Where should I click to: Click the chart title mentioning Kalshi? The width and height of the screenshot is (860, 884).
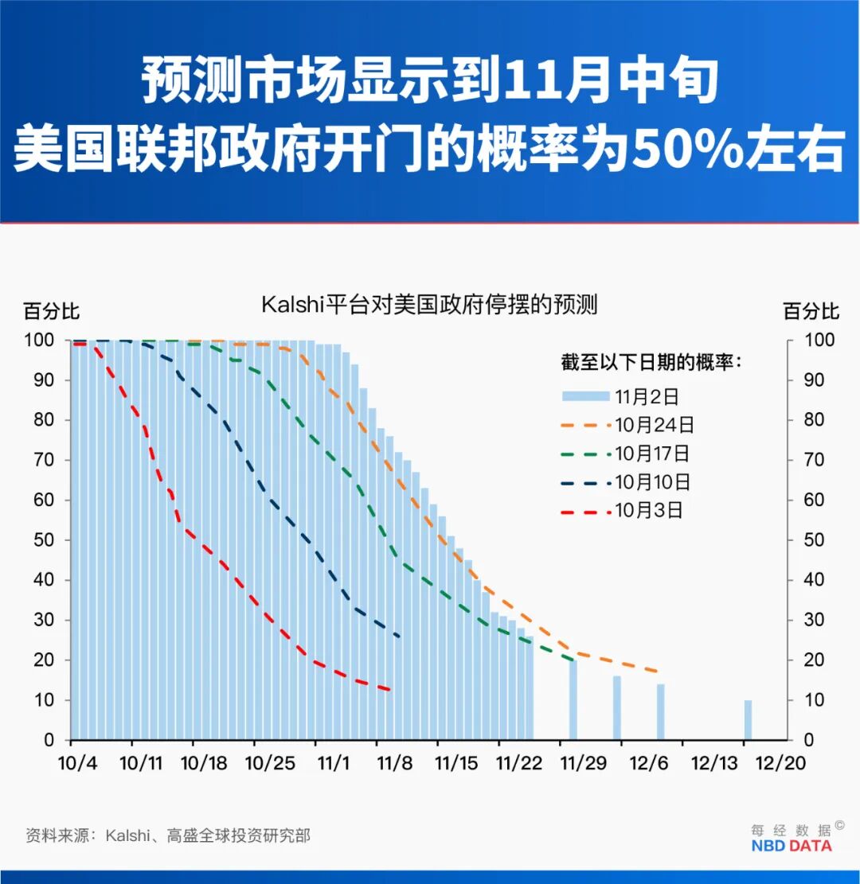pyautogui.click(x=429, y=306)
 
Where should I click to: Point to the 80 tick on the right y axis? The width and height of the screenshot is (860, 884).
pyautogui.click(x=812, y=420)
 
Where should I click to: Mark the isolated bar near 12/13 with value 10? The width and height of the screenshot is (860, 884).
pyautogui.click(x=748, y=719)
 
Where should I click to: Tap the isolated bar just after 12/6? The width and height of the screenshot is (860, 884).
pyautogui.click(x=660, y=711)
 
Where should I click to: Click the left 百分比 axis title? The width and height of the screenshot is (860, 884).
pyautogui.click(x=51, y=311)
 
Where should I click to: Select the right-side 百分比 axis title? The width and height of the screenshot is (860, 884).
pyautogui.click(x=811, y=311)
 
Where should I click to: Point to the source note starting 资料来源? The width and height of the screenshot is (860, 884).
pyautogui.click(x=168, y=835)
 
